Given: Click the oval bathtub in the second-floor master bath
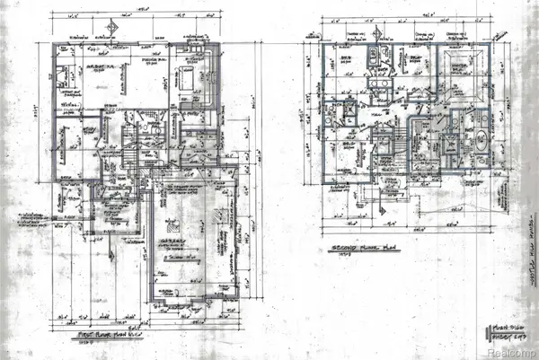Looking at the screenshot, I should [478, 142].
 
